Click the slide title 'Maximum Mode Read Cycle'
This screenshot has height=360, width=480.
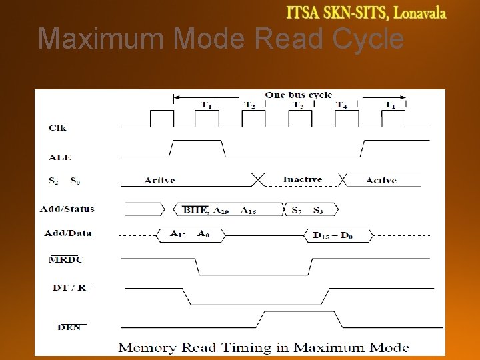click(x=221, y=39)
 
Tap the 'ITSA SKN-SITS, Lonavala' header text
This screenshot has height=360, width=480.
click(x=366, y=13)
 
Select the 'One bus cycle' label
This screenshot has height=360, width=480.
click(x=298, y=95)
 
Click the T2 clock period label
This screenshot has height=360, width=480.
click(x=249, y=105)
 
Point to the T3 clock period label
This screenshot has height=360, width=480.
click(x=298, y=105)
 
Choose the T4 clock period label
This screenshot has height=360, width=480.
click(x=341, y=105)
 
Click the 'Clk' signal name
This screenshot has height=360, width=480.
click(x=57, y=127)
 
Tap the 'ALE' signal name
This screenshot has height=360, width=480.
click(x=60, y=157)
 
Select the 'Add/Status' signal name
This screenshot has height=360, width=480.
click(x=67, y=209)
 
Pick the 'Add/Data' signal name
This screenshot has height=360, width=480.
click(x=68, y=233)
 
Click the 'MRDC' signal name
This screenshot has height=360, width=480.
click(x=66, y=259)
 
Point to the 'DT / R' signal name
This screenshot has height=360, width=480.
click(x=70, y=288)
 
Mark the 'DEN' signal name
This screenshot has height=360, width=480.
click(x=69, y=327)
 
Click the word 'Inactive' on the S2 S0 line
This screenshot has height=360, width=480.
click(x=302, y=179)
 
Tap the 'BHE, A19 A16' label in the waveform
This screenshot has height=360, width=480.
click(x=219, y=210)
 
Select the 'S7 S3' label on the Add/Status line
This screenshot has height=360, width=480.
click(x=308, y=210)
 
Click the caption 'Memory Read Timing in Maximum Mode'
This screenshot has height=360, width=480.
click(x=263, y=347)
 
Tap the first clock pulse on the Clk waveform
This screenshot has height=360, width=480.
click(x=161, y=118)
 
